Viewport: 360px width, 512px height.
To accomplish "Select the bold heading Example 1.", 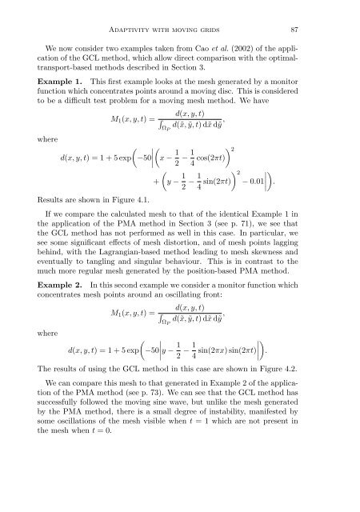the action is [66, 84].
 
